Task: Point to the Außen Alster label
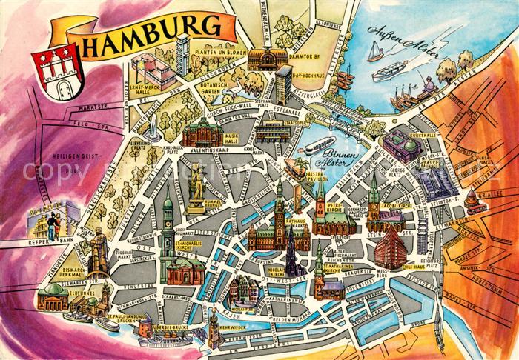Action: tap(404, 44)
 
